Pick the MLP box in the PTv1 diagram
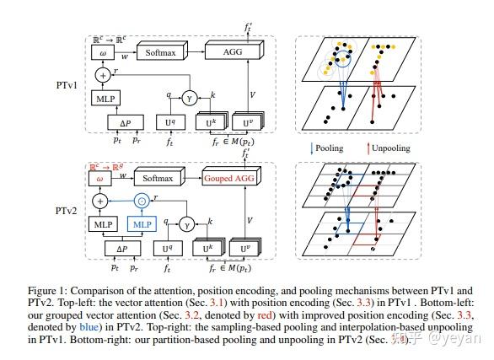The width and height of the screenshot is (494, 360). pos(102,98)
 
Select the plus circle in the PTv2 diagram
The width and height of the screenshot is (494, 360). pos(102,202)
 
